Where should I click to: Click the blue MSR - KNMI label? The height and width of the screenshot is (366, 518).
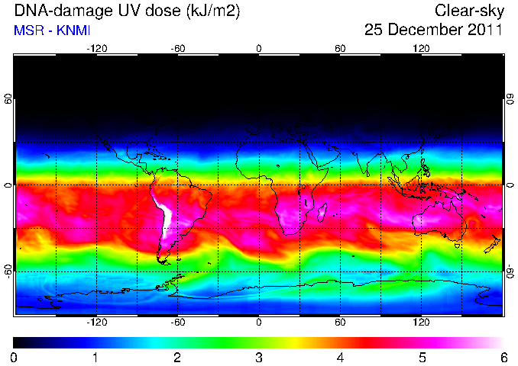click(52, 30)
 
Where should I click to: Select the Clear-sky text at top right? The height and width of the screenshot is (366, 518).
click(469, 11)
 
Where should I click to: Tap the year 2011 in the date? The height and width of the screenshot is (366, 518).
click(484, 29)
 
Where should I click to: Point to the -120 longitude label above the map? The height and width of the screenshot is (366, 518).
click(97, 49)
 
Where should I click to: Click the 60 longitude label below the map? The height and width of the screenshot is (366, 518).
click(340, 322)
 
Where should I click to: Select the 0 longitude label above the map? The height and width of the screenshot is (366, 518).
click(259, 49)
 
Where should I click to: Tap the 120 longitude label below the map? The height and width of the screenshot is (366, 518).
click(421, 322)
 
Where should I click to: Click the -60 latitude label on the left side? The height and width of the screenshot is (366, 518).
click(8, 271)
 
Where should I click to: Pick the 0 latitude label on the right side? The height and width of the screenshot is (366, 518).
click(510, 185)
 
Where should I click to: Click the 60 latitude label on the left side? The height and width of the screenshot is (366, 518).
click(8, 99)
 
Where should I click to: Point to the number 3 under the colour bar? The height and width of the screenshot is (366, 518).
click(259, 358)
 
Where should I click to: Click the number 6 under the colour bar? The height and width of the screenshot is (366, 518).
click(503, 358)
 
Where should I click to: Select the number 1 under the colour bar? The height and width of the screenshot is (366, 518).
click(96, 358)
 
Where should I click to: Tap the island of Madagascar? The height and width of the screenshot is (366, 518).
click(322, 212)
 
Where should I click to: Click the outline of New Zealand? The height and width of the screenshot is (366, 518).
click(493, 244)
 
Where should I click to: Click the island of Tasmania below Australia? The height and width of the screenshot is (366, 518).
click(458, 246)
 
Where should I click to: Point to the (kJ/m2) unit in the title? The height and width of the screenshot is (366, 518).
click(213, 11)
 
